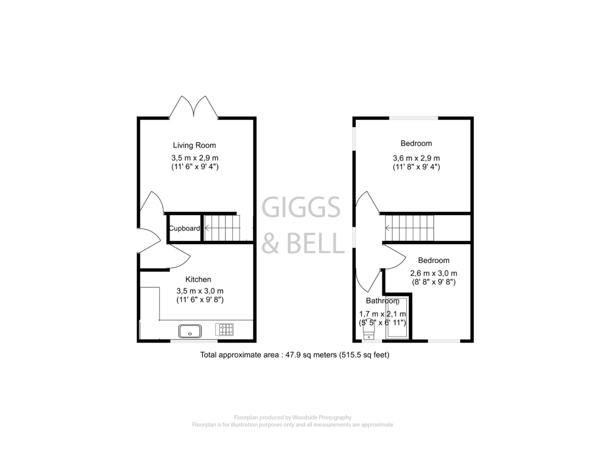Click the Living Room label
click(x=194, y=145)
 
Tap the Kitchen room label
click(x=198, y=279)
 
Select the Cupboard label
click(x=184, y=228)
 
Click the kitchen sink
click(x=190, y=331)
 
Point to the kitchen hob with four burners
click(x=224, y=329)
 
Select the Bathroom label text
click(x=382, y=301)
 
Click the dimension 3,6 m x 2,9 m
click(x=416, y=158)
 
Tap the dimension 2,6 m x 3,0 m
click(x=433, y=273)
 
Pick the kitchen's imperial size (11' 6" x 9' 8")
click(x=200, y=300)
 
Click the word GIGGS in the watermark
click(x=301, y=207)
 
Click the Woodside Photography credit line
click(x=292, y=417)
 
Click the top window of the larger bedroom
click(x=413, y=118)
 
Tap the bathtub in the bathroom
click(x=397, y=318)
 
